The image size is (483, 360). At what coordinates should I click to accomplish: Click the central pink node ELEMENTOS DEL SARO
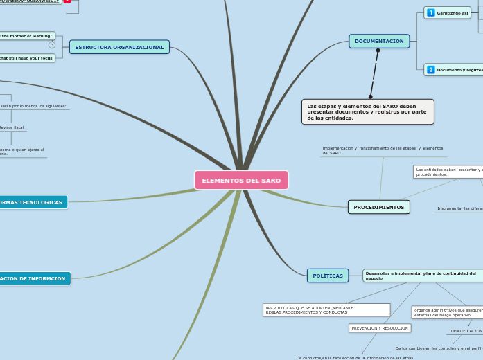241,180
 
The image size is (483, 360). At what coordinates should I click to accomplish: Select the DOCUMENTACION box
379,42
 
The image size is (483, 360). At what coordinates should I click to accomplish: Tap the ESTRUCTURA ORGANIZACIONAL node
119,47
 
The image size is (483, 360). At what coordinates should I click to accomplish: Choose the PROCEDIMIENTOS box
378,207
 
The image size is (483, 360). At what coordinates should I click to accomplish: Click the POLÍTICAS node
328,276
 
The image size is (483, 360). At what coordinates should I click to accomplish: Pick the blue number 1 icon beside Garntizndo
431,13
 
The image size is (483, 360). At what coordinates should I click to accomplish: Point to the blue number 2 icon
431,70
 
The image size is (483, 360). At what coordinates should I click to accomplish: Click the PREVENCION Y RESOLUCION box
380,328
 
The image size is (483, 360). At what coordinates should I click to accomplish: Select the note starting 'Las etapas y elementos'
367,111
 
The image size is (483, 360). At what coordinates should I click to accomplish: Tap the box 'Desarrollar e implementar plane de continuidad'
421,276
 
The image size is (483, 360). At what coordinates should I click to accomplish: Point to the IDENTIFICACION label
465,331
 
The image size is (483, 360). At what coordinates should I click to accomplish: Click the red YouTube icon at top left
67,1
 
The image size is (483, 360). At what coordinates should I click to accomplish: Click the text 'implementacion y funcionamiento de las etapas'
383,150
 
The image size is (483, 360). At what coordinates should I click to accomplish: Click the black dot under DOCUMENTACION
378,51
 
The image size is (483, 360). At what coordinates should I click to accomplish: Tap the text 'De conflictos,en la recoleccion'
354,357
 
